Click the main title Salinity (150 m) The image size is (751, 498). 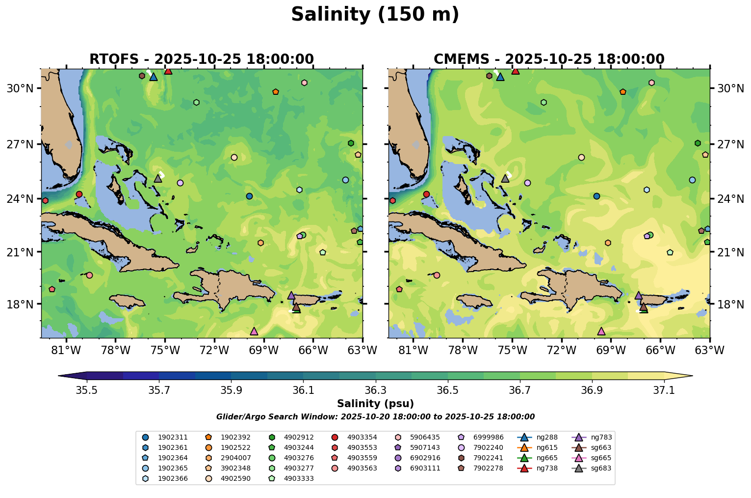point(375,15)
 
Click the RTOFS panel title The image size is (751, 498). point(201,59)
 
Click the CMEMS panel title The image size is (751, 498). point(549,59)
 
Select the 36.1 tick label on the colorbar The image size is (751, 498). point(303,390)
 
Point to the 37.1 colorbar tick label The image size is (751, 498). point(664,390)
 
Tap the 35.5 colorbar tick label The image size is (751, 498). point(87,390)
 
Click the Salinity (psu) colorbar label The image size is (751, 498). point(375,404)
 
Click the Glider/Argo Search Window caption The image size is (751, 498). point(375,417)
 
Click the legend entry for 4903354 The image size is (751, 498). point(362,437)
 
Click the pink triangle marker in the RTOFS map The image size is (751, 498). point(254,332)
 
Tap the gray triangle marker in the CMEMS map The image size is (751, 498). point(505,178)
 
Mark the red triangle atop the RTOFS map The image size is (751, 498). point(168,71)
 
